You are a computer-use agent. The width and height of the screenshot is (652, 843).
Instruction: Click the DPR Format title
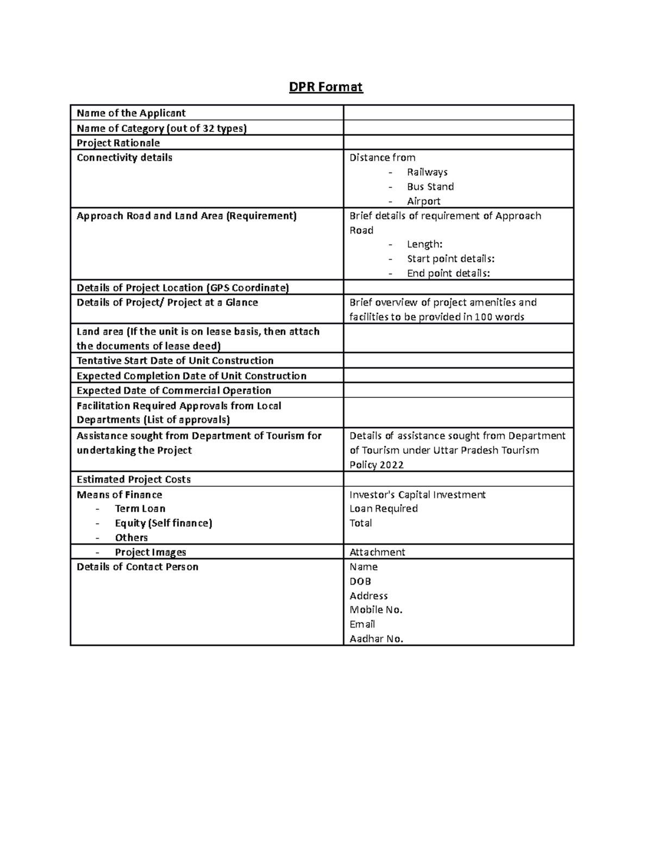pyautogui.click(x=325, y=87)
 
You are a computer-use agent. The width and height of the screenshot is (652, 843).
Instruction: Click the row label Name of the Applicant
pyautogui.click(x=131, y=113)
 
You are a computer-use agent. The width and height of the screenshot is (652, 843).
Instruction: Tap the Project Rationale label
pyautogui.click(x=118, y=143)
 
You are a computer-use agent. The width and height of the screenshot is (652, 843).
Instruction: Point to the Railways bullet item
pyautogui.click(x=427, y=172)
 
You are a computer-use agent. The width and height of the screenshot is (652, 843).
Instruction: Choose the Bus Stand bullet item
pyautogui.click(x=430, y=187)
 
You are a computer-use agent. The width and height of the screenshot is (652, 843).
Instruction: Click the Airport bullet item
pyautogui.click(x=423, y=201)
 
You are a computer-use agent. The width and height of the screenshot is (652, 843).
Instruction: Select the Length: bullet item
pyautogui.click(x=424, y=245)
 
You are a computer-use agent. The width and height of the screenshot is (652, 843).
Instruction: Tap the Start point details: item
pyautogui.click(x=450, y=259)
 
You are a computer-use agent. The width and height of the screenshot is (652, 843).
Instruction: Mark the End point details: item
pyautogui.click(x=448, y=274)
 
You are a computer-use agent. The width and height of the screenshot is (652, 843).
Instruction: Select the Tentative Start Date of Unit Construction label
pyautogui.click(x=175, y=360)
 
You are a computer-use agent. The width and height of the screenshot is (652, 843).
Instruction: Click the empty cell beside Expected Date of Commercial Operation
pyautogui.click(x=458, y=390)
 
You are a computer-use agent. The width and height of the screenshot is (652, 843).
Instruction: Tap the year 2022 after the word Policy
pyautogui.click(x=391, y=465)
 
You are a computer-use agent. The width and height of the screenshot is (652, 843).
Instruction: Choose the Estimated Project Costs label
pyautogui.click(x=134, y=479)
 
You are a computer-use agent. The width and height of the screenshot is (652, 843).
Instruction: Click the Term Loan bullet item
pyautogui.click(x=140, y=509)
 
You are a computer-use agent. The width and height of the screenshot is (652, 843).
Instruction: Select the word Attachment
pyautogui.click(x=377, y=552)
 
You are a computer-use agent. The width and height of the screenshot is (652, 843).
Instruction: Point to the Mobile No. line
pyautogui.click(x=376, y=610)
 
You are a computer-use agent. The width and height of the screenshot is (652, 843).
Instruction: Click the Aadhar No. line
pyautogui.click(x=377, y=639)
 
